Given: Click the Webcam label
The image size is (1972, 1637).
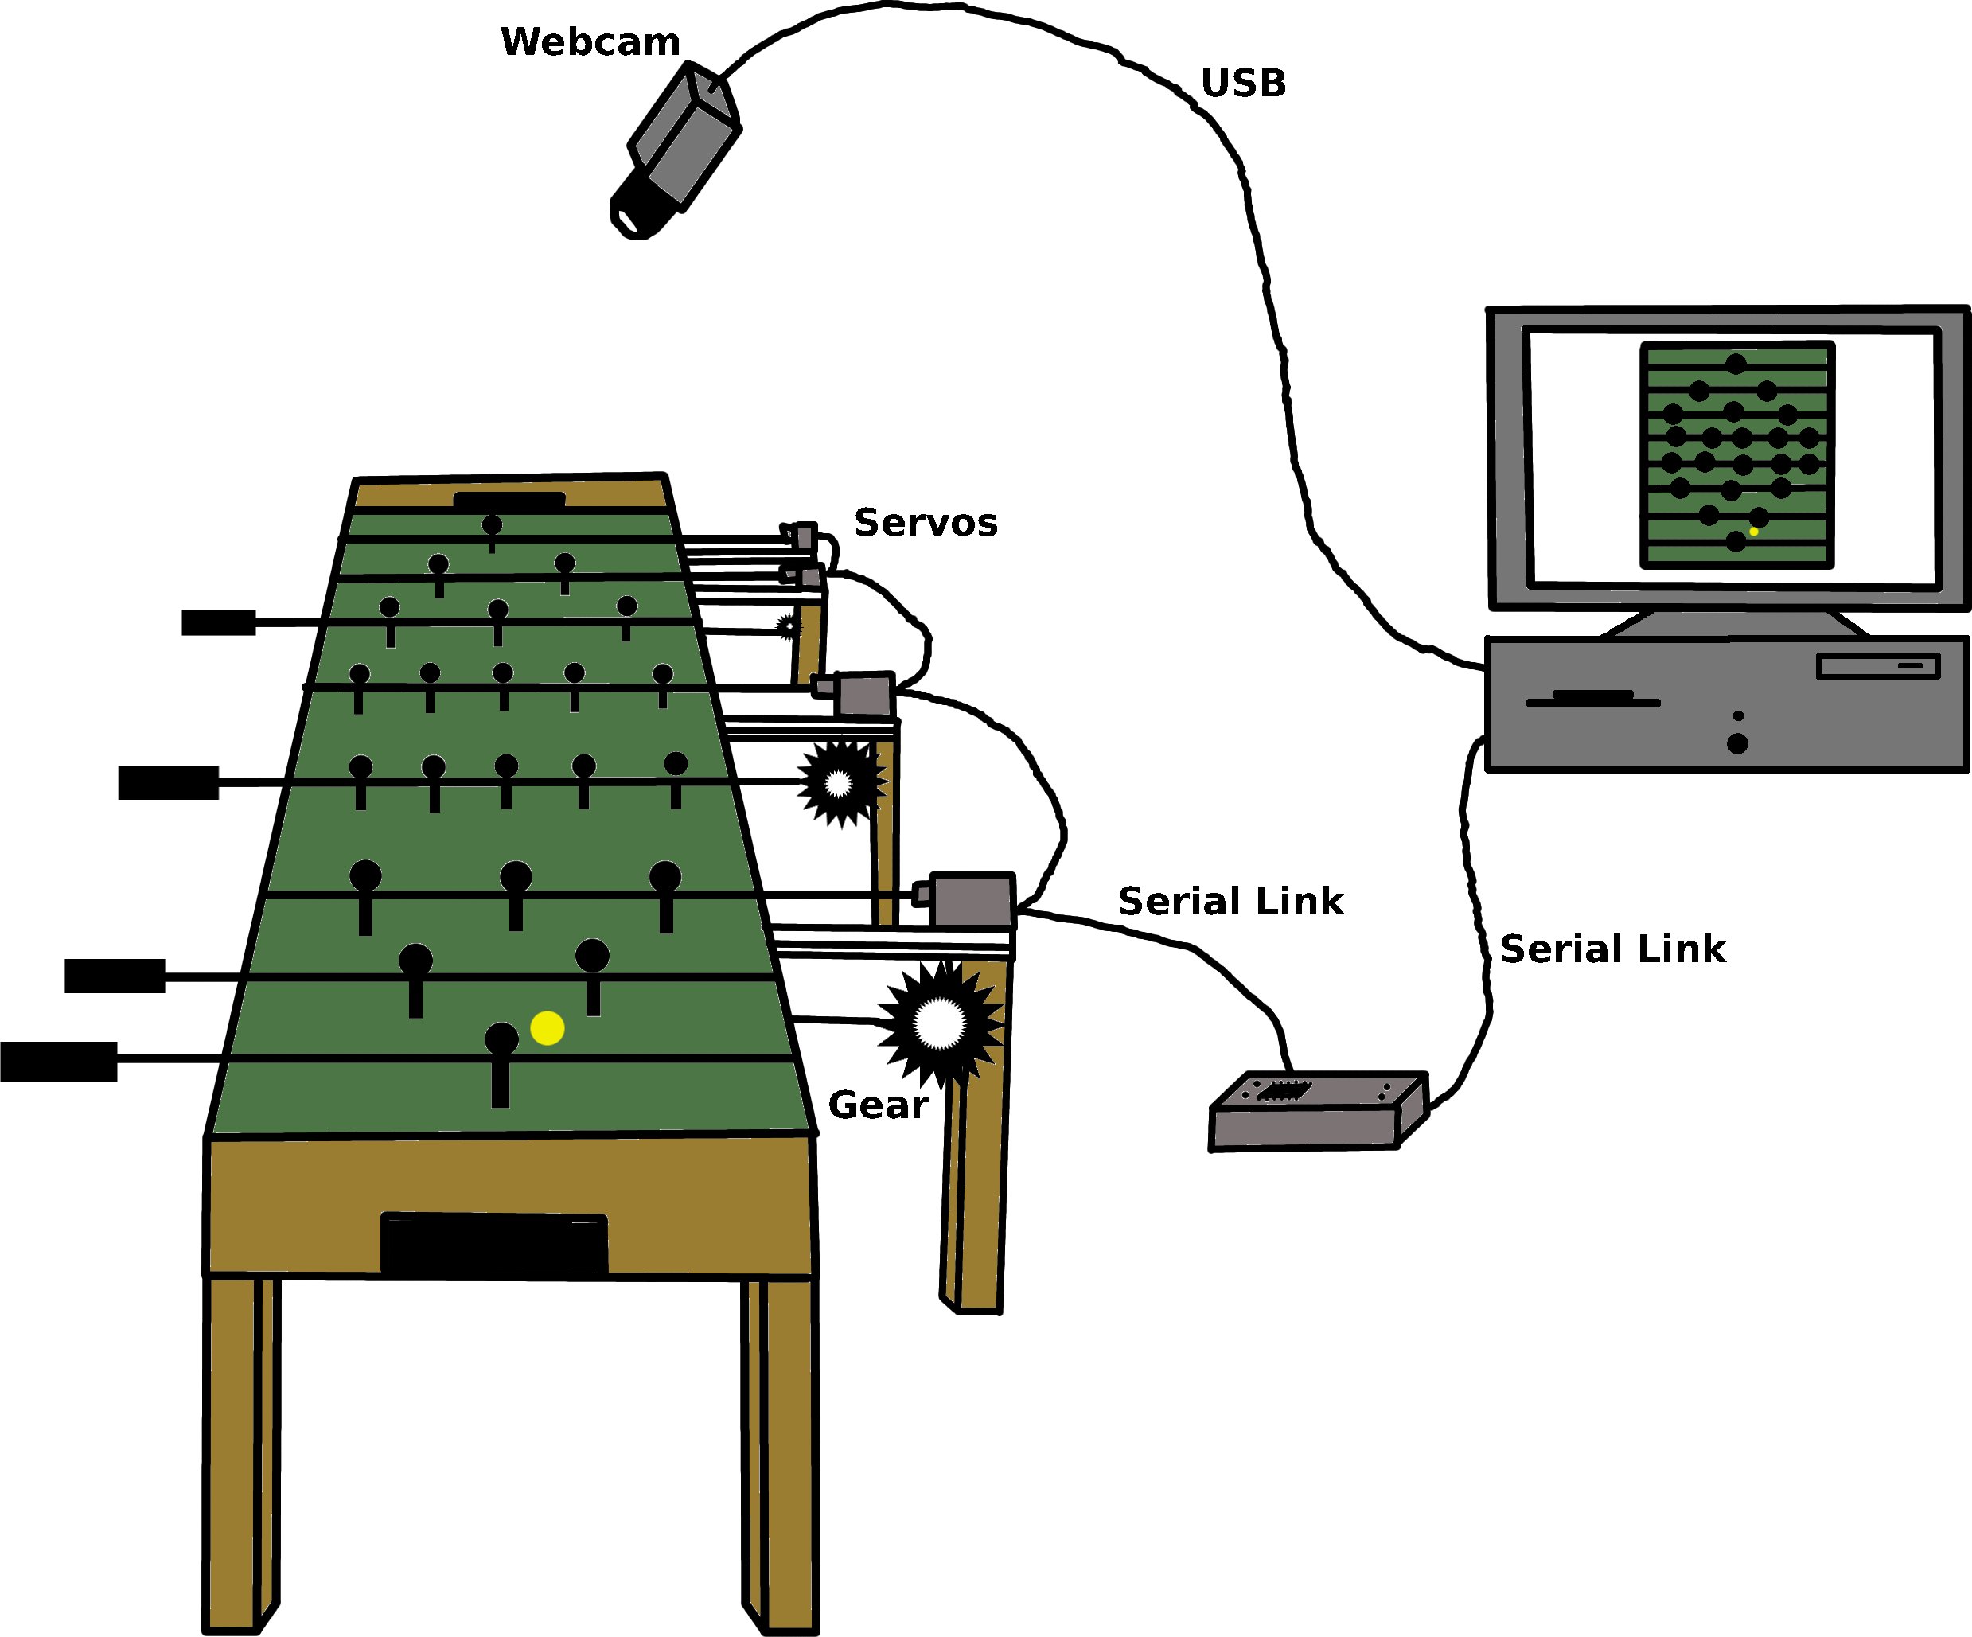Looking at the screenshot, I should [x=590, y=42].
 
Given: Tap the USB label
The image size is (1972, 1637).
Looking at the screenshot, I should [x=1243, y=84].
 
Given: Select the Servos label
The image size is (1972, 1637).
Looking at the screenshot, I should [x=925, y=523].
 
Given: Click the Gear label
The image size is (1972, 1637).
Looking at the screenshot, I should [x=878, y=1105].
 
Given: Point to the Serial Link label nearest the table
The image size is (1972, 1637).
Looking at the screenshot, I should [x=1230, y=902].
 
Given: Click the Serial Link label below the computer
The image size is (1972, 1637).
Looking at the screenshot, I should [x=1612, y=949].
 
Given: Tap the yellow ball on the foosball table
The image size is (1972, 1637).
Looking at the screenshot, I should [x=548, y=1028].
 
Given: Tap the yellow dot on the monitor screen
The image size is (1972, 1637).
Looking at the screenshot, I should [x=1753, y=532].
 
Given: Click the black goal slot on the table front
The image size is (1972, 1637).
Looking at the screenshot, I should [x=494, y=1245].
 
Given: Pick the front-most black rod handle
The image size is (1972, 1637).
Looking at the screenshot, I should [x=58, y=1062].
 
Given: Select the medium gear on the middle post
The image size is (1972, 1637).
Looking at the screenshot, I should [x=840, y=782].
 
